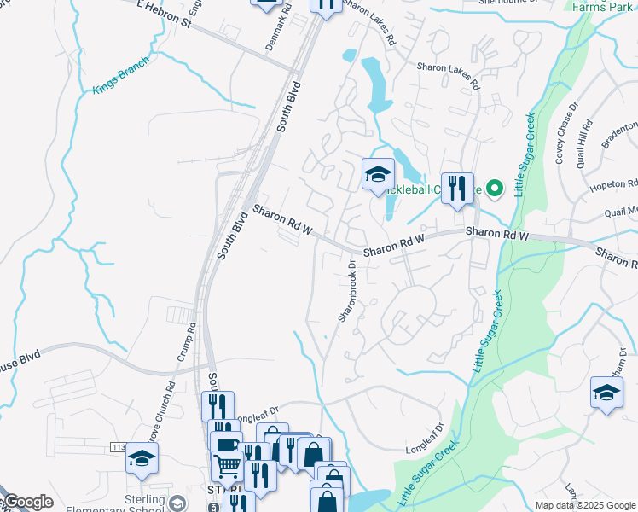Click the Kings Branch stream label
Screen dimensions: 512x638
coord(121,74)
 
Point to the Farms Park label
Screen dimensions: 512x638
coord(602,7)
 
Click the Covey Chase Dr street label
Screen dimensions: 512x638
coord(566,131)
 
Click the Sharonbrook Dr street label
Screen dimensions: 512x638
coord(346,290)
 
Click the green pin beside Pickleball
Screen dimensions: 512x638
coord(495,189)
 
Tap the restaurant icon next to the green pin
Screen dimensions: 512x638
coord(457,187)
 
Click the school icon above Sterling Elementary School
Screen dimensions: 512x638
coord(142,460)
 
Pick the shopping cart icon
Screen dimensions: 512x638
coord(227,466)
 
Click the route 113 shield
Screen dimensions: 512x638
coord(118,446)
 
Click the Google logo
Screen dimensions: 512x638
coord(27,503)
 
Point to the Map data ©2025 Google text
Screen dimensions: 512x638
coord(584,505)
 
